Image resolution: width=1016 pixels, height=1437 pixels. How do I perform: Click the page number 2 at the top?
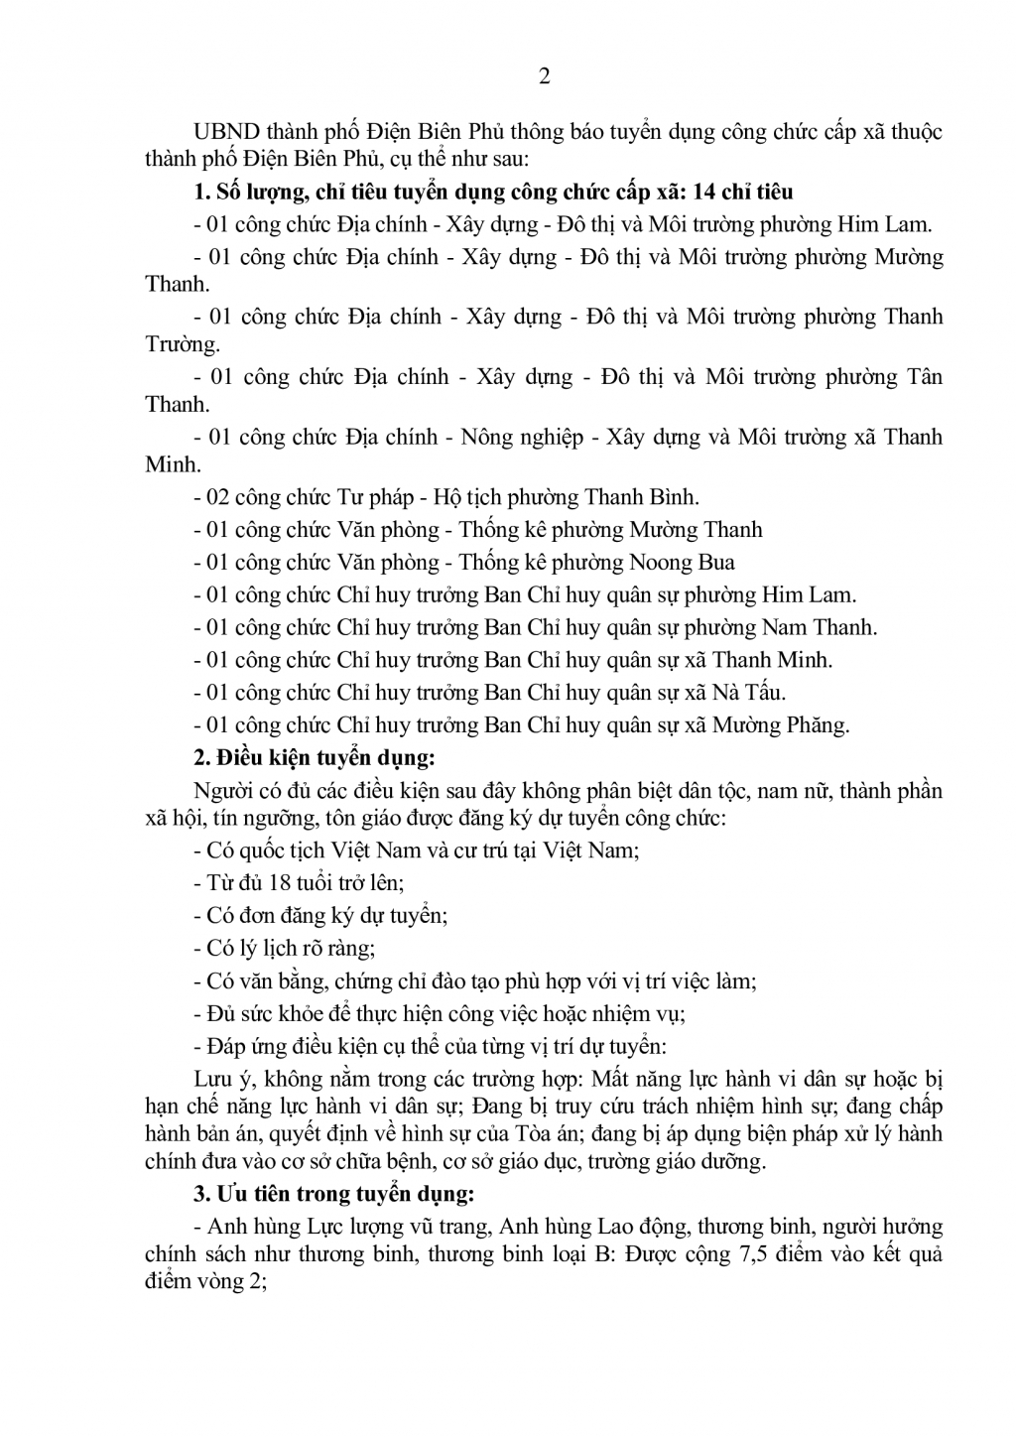click(x=543, y=77)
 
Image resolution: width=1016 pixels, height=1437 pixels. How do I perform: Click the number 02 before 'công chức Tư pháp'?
click(x=218, y=497)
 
